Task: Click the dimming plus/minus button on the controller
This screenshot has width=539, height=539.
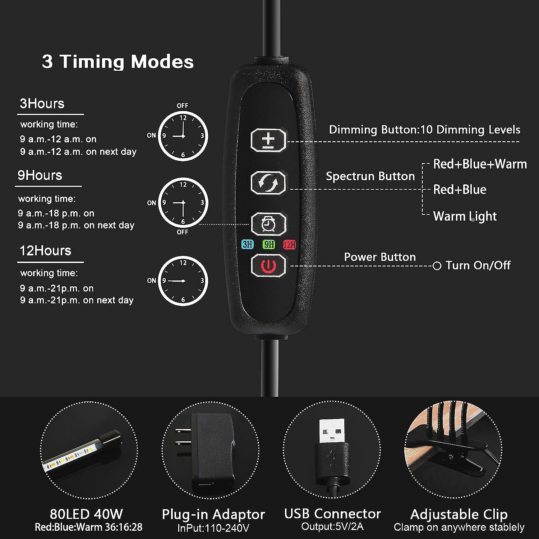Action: point(268,140)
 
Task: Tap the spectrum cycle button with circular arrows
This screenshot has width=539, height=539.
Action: point(268,183)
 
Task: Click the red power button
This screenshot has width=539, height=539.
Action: point(268,266)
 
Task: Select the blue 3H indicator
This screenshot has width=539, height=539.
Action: point(248,245)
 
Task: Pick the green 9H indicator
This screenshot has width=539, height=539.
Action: point(269,245)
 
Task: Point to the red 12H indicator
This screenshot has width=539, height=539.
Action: point(289,245)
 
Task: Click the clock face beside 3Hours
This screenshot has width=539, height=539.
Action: point(183,136)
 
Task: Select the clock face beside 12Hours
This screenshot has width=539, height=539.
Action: point(183,281)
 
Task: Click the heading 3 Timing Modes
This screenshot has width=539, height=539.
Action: point(118,61)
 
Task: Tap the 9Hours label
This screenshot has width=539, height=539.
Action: point(40,175)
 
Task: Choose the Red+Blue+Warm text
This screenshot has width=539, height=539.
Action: point(480,164)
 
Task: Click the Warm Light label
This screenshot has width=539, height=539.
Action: point(465,216)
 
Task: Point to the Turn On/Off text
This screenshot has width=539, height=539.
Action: point(478,265)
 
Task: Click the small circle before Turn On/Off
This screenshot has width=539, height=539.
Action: point(437,266)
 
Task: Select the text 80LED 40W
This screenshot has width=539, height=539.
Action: point(86,514)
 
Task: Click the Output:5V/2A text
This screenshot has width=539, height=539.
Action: point(332,527)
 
